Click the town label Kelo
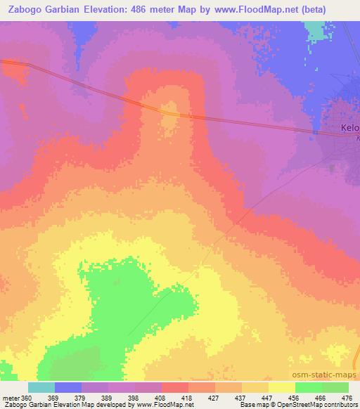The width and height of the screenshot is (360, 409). (x=349, y=129)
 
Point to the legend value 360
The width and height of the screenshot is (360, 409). (x=27, y=398)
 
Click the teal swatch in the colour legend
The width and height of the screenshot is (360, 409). (x=41, y=387)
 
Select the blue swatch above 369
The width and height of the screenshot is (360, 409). (x=67, y=387)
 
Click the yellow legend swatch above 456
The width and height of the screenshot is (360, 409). (x=281, y=387)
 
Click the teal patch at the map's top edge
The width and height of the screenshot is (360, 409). (x=317, y=30)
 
